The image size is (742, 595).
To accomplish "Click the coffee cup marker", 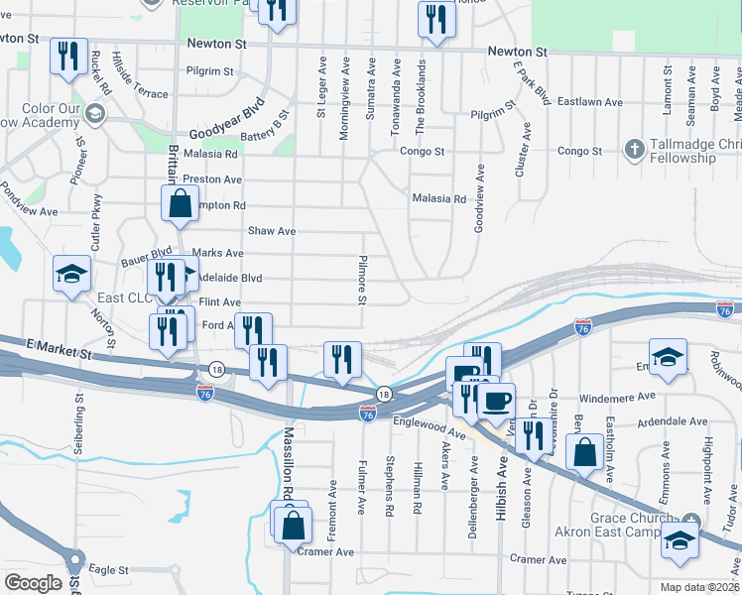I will point(496,401).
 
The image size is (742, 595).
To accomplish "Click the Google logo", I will point(33,583).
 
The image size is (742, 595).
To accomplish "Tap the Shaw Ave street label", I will point(272,231).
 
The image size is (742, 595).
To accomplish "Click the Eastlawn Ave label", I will point(589,102).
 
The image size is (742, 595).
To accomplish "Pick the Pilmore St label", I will point(362,284).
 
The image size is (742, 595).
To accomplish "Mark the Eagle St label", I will point(109,570).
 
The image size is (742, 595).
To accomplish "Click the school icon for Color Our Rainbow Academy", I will point(96,112).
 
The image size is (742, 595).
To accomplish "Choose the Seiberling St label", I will point(77,421).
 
